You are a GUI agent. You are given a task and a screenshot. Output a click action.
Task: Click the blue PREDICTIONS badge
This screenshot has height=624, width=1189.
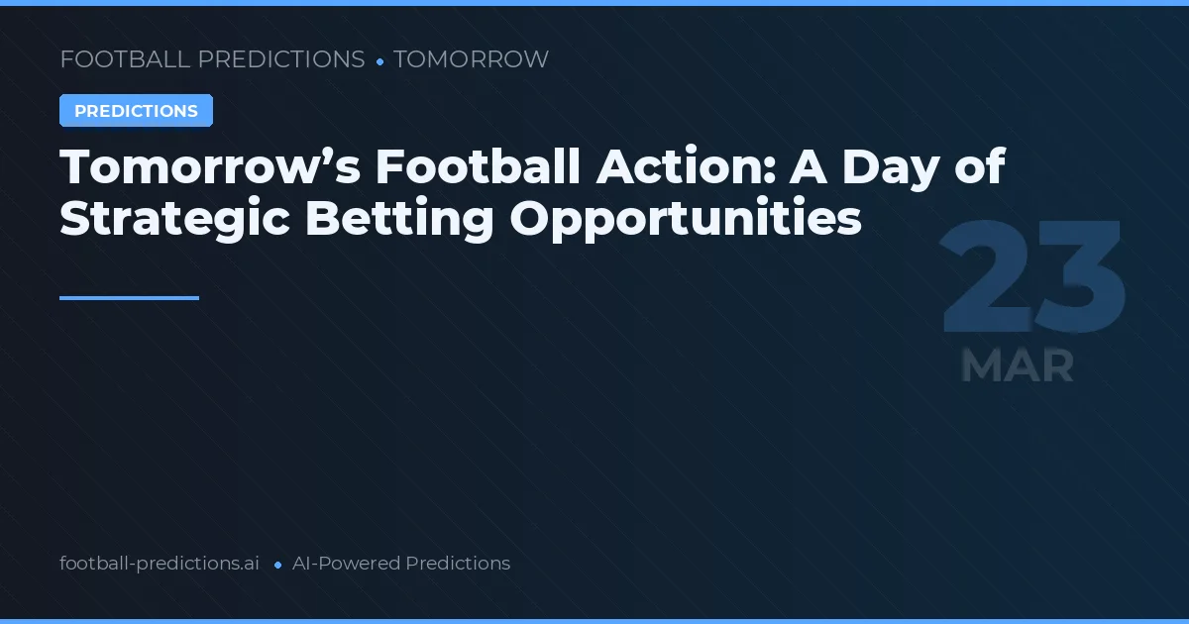pos(136,111)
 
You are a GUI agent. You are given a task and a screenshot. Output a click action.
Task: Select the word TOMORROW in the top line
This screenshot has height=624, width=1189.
pos(471,59)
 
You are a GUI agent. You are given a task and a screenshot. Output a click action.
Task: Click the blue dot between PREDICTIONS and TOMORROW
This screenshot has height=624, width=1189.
pos(379,61)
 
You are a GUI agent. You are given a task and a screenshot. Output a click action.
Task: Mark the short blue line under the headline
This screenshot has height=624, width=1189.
pos(129,297)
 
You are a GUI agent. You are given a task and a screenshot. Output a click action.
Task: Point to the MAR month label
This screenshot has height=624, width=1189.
pos(1018,365)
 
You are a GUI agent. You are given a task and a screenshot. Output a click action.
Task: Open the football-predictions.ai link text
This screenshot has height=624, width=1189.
pos(160,564)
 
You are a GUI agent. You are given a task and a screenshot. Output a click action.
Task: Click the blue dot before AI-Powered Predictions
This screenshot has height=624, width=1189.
pos(277,565)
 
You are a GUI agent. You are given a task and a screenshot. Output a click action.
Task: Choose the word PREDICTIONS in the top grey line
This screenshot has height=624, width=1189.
pos(281,59)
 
